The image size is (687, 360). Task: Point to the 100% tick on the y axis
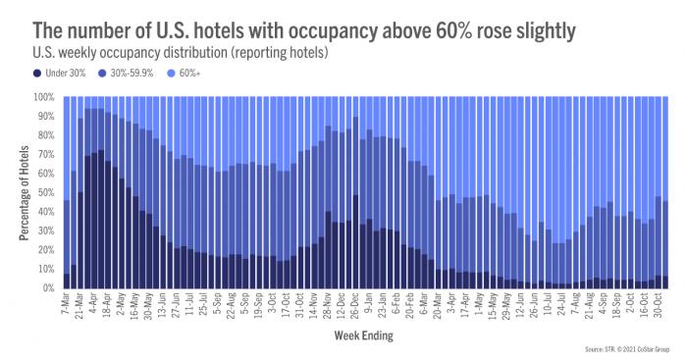click(45, 97)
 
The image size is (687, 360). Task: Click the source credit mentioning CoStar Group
click(623, 349)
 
